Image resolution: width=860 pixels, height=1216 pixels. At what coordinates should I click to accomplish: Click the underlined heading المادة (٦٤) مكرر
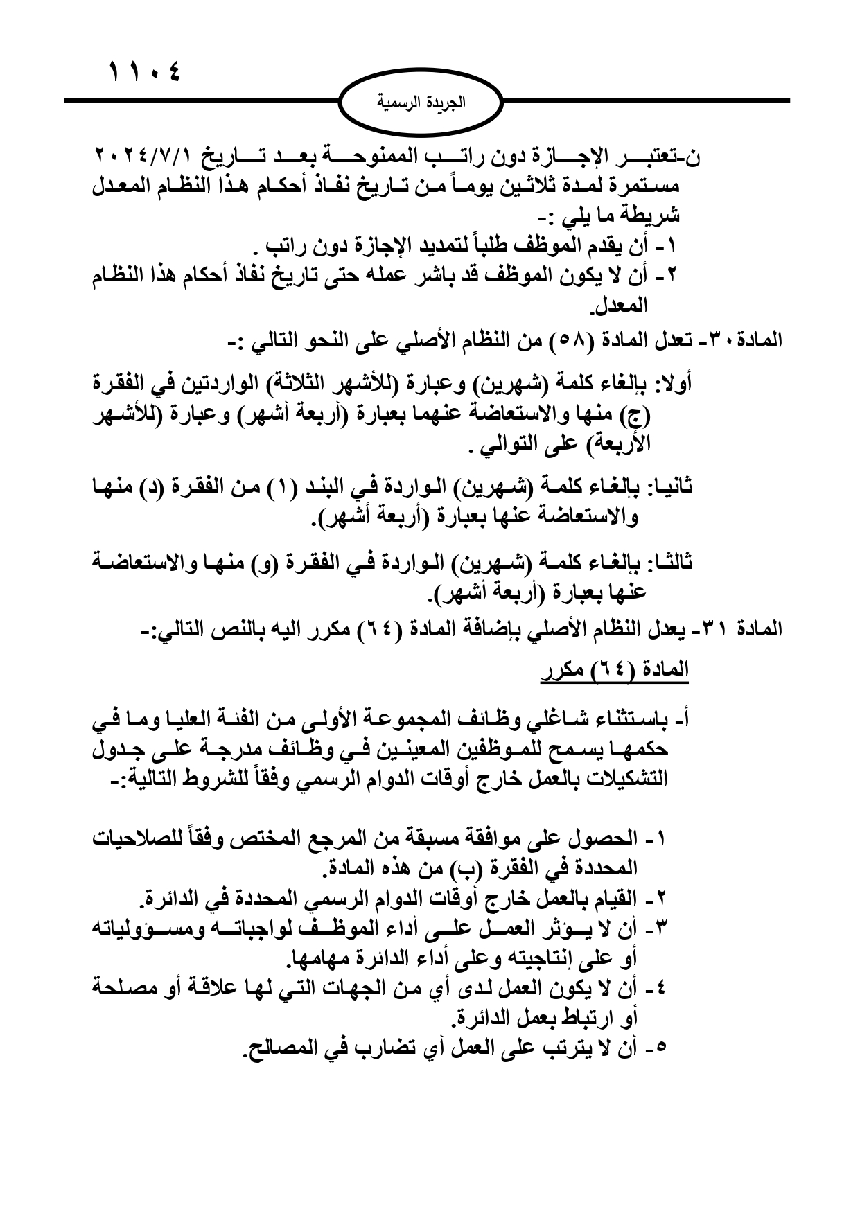[x=615, y=669]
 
